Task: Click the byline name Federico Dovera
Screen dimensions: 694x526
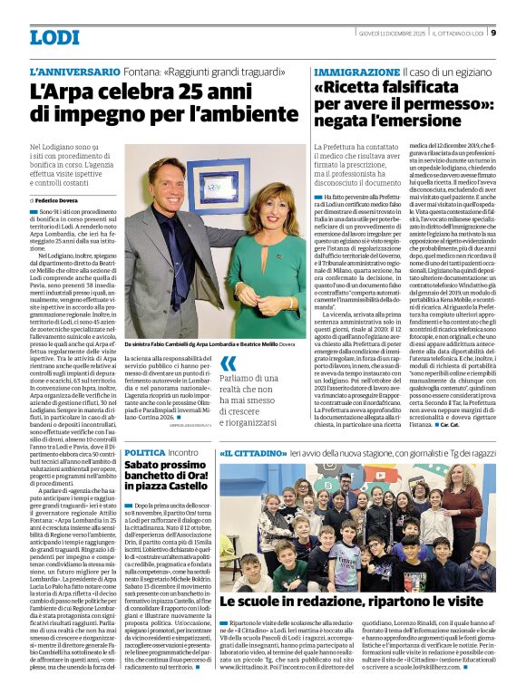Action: point(58,199)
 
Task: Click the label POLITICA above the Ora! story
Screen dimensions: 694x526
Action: point(145,451)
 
